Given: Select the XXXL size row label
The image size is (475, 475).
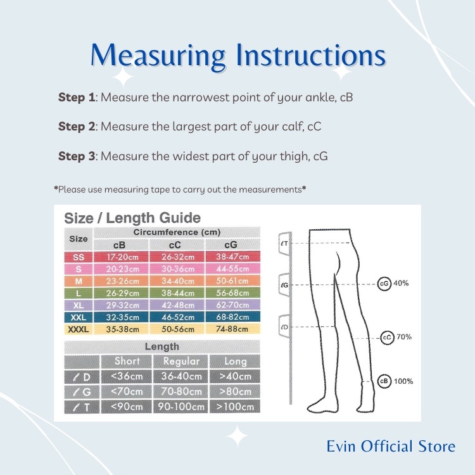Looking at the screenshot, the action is pos(79,329).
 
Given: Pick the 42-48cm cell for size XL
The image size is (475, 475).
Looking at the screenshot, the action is pos(177,305).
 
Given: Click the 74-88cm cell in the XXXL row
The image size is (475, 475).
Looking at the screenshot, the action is pos(232,329).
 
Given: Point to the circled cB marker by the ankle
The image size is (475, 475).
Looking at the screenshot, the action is pos(384,381).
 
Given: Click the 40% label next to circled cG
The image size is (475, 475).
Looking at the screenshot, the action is pos(401,283).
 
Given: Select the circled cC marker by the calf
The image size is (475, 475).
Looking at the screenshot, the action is pos(387,338).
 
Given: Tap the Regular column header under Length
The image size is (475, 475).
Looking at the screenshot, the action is pos(181,361).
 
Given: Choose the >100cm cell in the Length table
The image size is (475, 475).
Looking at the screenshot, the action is pos(235,407).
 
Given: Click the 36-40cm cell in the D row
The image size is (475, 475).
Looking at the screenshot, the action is pos(181,376).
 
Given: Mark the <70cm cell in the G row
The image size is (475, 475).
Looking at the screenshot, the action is pos(126,391).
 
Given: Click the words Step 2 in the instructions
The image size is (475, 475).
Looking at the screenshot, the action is pos(77,127).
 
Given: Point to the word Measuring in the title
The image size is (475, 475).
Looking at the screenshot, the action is pos(158,56).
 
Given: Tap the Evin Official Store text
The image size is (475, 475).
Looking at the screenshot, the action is pos(391,446).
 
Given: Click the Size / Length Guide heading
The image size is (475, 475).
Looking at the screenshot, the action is pos(132,218).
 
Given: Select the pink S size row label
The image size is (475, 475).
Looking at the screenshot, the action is pos(79,269).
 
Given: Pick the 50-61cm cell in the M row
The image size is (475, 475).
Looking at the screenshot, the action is pos(232,281).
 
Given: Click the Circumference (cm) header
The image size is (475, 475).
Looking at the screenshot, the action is pos(177,232).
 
